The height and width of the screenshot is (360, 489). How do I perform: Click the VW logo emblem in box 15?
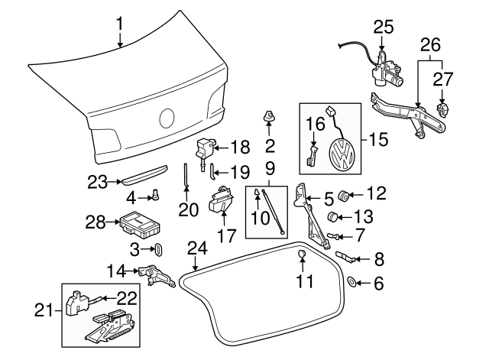pyautogui.click(x=342, y=154)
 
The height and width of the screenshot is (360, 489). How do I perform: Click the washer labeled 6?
pyautogui.click(x=351, y=282)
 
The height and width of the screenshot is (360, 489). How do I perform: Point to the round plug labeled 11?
pyautogui.click(x=302, y=255)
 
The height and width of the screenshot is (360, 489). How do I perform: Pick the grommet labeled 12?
pyautogui.click(x=344, y=196)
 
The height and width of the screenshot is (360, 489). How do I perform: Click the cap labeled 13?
pyautogui.click(x=332, y=216)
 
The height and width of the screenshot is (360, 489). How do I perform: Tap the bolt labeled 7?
pyautogui.click(x=332, y=236)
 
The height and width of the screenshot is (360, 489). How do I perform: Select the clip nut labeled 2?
pyautogui.click(x=268, y=116)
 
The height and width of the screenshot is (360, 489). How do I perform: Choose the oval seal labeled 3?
pyautogui.click(x=159, y=251)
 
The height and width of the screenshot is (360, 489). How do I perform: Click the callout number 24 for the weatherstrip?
pyautogui.click(x=197, y=248)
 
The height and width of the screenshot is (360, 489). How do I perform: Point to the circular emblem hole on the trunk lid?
pyautogui.click(x=167, y=118)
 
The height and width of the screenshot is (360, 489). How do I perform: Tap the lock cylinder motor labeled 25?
pyautogui.click(x=386, y=70)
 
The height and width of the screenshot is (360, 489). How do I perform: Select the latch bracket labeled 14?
pyautogui.click(x=157, y=275)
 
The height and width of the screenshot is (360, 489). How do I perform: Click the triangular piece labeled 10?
pyautogui.click(x=257, y=193)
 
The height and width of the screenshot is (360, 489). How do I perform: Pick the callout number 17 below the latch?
pyautogui.click(x=227, y=235)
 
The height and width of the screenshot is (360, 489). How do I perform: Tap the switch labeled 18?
pyautogui.click(x=204, y=151)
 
